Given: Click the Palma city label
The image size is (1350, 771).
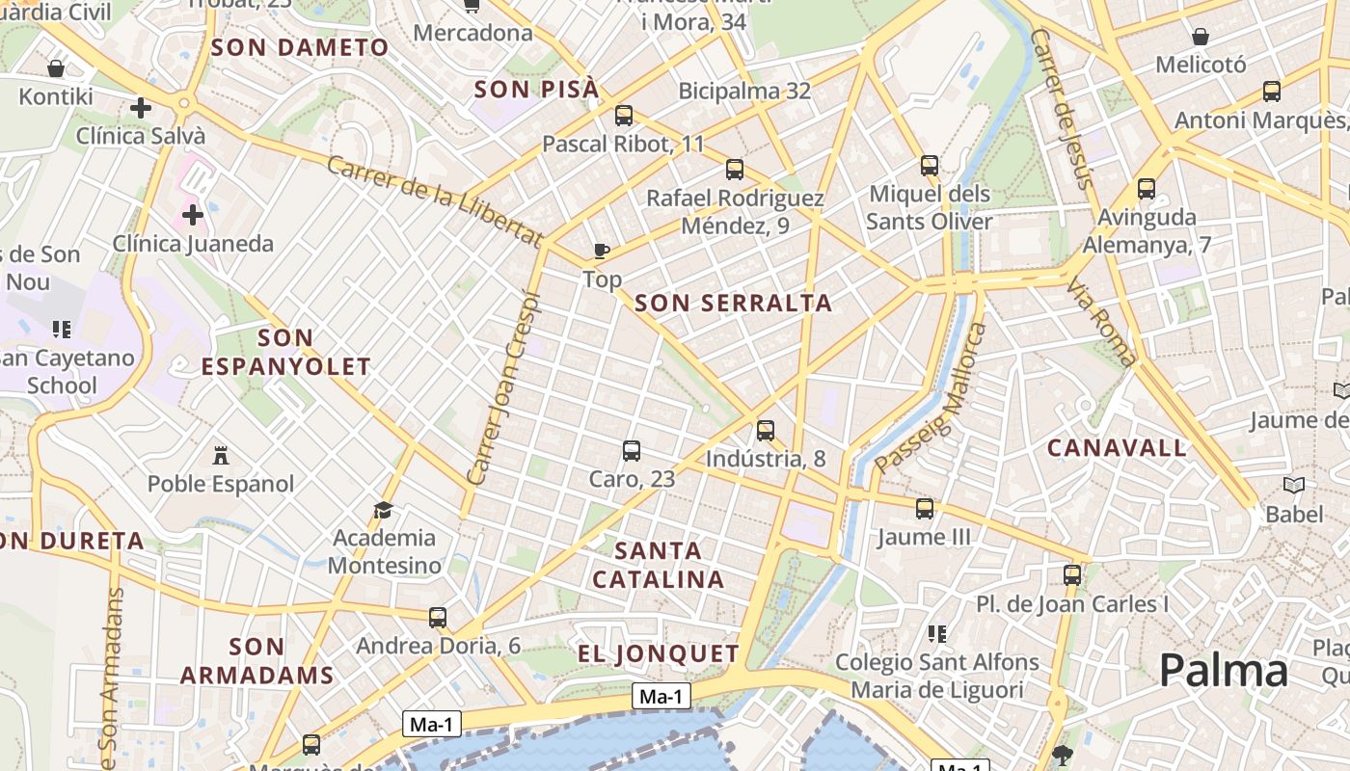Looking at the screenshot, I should pos(1223,670).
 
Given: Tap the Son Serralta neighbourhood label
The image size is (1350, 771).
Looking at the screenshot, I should pos(733,303).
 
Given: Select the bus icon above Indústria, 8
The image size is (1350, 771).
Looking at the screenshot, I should pos(766,430).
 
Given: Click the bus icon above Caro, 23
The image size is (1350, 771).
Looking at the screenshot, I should pos(632,450).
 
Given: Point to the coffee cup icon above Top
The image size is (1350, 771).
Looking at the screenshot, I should pos(602,251).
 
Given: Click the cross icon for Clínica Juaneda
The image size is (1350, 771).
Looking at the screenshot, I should pos(193,214).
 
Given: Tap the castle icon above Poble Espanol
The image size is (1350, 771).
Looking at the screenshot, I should pos(221,455).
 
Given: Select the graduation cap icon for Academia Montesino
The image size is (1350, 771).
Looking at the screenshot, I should pos(384,509).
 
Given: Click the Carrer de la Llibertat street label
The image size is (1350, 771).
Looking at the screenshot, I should pos(435,200).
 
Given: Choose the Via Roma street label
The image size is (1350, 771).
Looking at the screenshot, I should pos(1101,322).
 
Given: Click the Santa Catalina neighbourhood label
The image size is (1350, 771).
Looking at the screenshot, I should pos(659,565).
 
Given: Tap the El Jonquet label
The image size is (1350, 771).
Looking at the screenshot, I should pos(659,653).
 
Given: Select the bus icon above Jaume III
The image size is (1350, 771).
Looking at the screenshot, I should pos(925,508).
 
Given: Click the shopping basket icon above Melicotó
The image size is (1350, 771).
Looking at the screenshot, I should pos(1201,38).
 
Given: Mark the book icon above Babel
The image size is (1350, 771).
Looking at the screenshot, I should pos(1294,485).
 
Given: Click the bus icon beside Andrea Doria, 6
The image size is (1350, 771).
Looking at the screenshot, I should pos(438,617).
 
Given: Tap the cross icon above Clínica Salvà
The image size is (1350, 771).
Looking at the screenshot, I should pos(141,107).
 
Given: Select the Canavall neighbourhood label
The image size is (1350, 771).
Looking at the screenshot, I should pos(1117,447).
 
